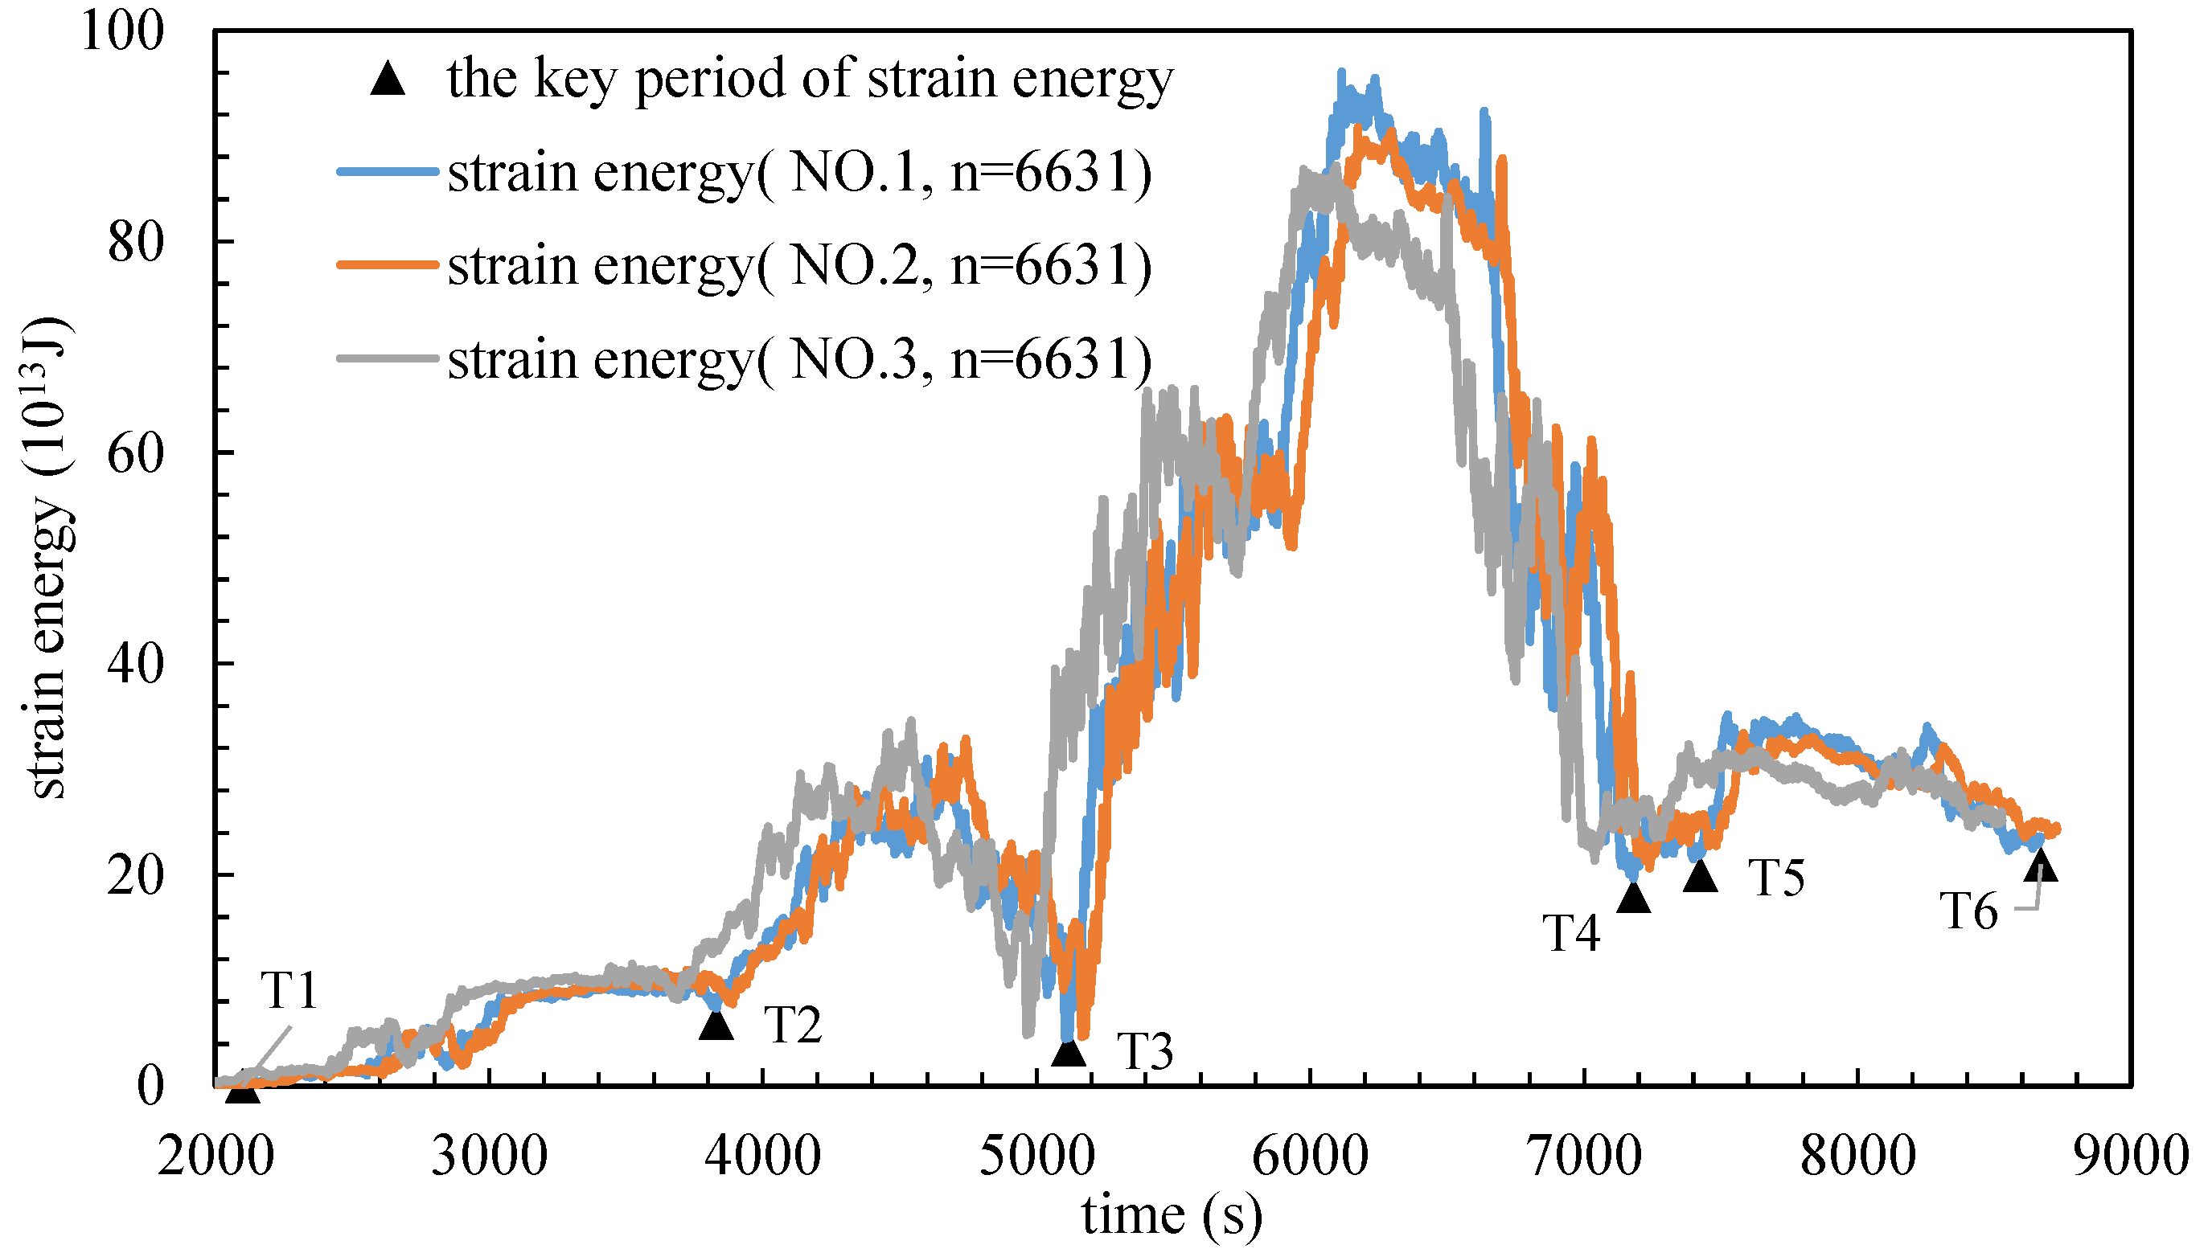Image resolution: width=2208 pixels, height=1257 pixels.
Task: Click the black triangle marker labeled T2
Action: (x=716, y=1026)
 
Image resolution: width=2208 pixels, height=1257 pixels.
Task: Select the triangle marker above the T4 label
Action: (x=1633, y=898)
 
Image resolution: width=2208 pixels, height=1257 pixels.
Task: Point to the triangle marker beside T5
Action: (x=1701, y=876)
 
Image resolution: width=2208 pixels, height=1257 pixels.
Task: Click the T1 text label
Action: (x=289, y=990)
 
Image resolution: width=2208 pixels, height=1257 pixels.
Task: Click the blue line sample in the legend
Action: (x=388, y=172)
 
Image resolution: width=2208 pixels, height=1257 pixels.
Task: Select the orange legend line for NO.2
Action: (x=388, y=265)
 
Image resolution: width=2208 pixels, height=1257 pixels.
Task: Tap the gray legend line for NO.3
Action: (x=388, y=358)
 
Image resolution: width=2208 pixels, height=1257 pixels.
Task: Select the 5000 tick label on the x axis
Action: (x=1036, y=1155)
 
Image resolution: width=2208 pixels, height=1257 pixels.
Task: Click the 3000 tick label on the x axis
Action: (x=489, y=1155)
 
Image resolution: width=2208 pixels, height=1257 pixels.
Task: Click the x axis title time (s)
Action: (x=1172, y=1215)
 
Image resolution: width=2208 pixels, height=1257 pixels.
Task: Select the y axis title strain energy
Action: (x=47, y=561)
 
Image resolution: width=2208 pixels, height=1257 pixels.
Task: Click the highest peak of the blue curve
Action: (x=1341, y=72)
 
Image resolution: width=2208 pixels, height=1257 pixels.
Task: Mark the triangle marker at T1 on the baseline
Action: (x=243, y=1091)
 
